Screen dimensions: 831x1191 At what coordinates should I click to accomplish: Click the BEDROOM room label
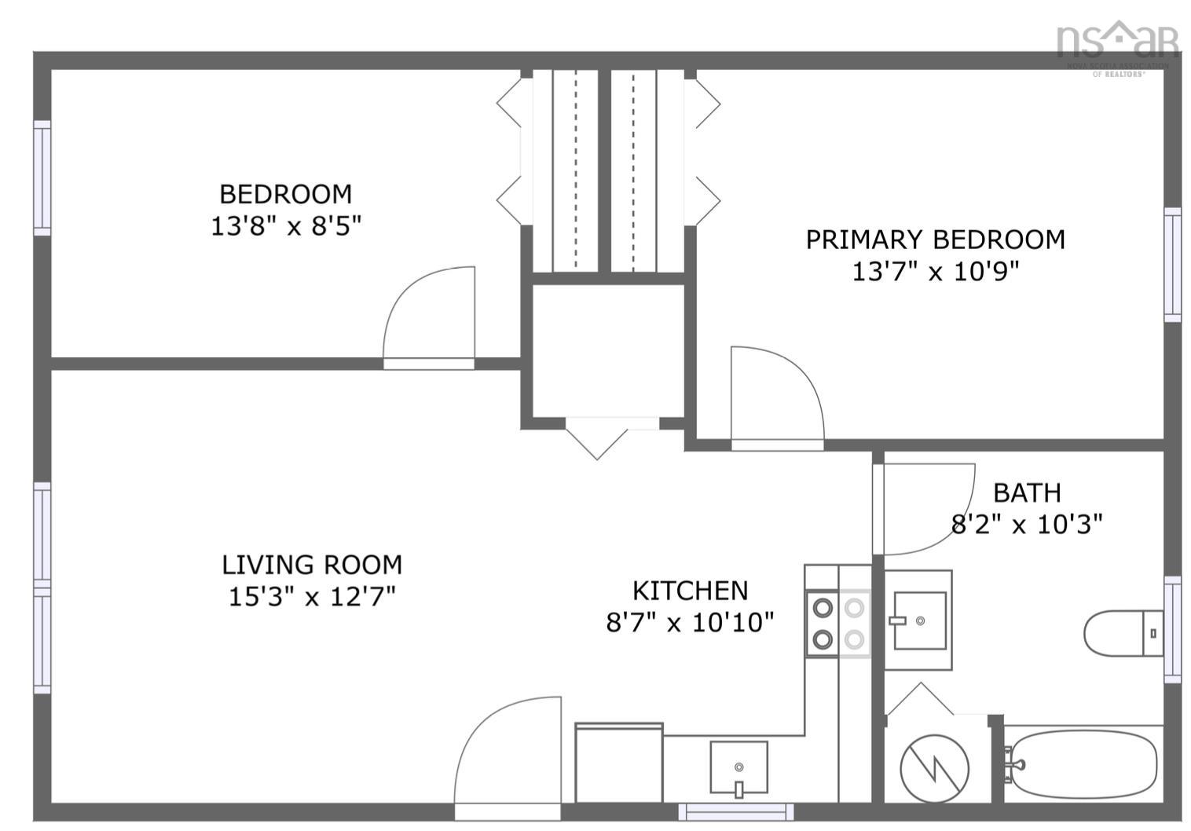point(285,194)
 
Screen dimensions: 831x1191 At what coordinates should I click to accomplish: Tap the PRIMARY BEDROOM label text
point(935,240)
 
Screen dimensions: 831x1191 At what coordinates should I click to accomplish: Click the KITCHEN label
point(690,590)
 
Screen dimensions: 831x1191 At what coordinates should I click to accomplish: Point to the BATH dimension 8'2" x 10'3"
point(1027,524)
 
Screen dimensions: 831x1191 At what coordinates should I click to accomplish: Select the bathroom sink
point(918,620)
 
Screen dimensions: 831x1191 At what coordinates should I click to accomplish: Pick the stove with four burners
point(838,623)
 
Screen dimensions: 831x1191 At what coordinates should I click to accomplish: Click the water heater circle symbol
point(934,768)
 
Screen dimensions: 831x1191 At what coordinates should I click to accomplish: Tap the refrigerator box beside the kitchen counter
point(618,763)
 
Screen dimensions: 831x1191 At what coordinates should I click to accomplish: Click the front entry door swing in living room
point(508,750)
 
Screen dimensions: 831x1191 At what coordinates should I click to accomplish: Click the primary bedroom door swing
point(776,397)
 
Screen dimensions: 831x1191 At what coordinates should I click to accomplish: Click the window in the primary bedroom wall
point(1171,265)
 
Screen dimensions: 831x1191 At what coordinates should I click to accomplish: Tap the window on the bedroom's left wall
point(42,178)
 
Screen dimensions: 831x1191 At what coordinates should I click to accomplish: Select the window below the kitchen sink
point(735,811)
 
